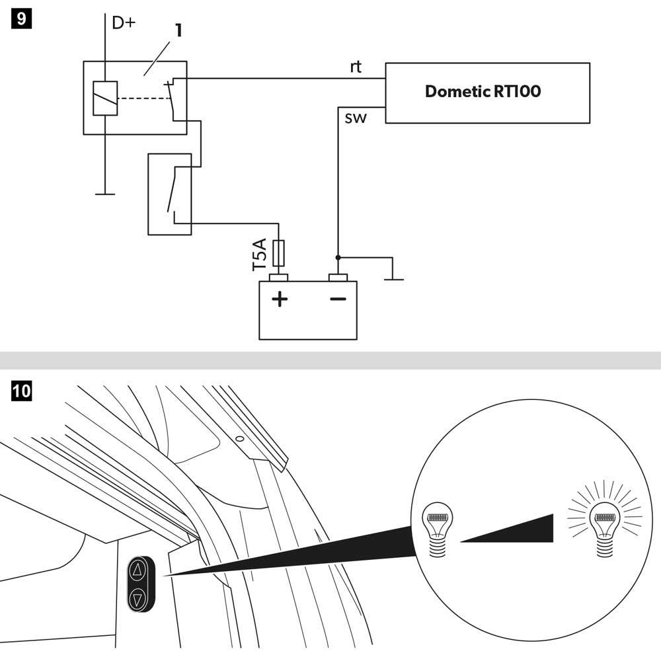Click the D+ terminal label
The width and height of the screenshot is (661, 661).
click(x=123, y=23)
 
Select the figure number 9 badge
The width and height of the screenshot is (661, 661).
click(x=22, y=19)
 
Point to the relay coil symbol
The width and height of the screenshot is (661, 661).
click(x=105, y=98)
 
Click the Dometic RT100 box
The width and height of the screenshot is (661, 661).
click(x=487, y=93)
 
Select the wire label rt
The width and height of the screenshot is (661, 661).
click(x=356, y=67)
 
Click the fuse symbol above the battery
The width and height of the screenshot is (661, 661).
click(x=278, y=253)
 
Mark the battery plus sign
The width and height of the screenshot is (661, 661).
click(x=280, y=299)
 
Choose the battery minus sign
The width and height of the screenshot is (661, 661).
click(x=338, y=299)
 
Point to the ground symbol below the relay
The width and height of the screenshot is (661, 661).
click(x=104, y=194)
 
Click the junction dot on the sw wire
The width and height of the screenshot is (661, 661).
click(x=338, y=257)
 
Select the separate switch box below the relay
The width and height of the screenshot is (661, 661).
click(x=170, y=194)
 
